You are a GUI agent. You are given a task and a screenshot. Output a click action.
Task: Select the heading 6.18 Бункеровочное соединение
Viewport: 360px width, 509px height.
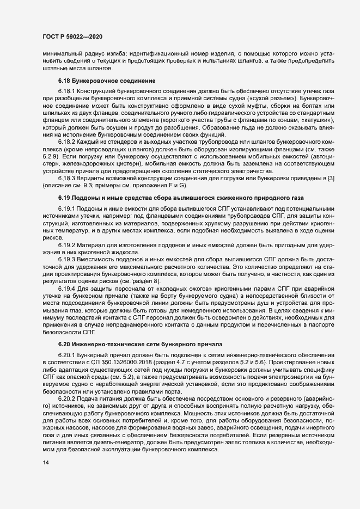click(x=107, y=81)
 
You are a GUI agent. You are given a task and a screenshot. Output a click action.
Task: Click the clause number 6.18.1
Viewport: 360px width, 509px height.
click(x=67, y=91)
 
